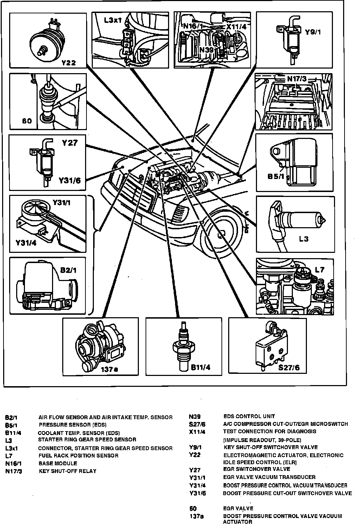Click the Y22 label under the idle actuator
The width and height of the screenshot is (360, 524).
pyautogui.click(x=69, y=63)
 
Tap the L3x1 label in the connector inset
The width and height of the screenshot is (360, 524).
pyautogui.click(x=112, y=20)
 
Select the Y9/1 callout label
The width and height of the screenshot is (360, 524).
pyautogui.click(x=313, y=32)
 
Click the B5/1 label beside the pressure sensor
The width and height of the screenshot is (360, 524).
pyautogui.click(x=276, y=176)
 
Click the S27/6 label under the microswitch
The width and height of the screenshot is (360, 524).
pyautogui.click(x=289, y=368)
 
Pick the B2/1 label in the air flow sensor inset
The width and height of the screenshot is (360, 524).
pyautogui.click(x=68, y=270)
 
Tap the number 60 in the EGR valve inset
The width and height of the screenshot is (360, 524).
pyautogui.click(x=27, y=121)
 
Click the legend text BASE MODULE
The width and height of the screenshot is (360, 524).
pyautogui.click(x=58, y=463)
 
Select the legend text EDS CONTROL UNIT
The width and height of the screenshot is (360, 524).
pyautogui.click(x=249, y=416)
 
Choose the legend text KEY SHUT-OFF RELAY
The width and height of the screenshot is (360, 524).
pyautogui.click(x=67, y=471)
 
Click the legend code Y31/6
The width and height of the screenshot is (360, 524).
pyautogui.click(x=197, y=493)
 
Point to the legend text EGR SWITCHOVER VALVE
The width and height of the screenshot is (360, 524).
pyautogui.click(x=257, y=469)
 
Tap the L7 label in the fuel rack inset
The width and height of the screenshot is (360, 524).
pyautogui.click(x=319, y=270)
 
